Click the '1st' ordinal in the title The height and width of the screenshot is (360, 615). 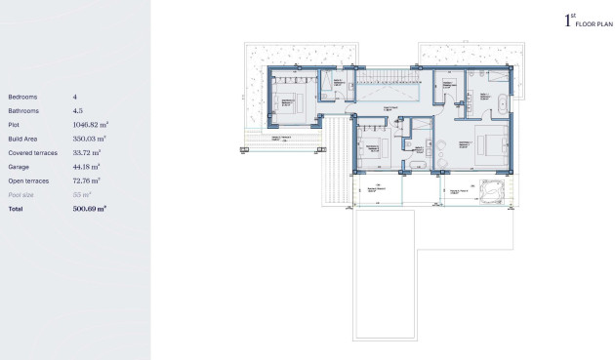[x=569, y=20]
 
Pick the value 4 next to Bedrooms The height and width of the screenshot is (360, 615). [x=74, y=98]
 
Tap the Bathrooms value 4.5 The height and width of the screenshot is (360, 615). [x=79, y=111]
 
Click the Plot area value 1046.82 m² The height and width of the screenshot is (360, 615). [x=91, y=125]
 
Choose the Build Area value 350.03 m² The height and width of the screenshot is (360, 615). [x=89, y=140]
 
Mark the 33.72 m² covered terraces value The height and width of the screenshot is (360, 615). [x=86, y=153]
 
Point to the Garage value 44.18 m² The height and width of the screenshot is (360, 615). [x=86, y=167]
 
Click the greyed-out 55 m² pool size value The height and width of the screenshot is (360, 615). [x=81, y=195]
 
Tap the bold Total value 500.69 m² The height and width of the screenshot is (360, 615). [x=89, y=209]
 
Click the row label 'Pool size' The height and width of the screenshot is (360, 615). [x=21, y=195]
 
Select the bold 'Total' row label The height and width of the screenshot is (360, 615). [x=16, y=209]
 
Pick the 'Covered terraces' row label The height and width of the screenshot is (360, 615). [x=32, y=153]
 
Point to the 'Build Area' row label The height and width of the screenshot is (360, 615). [x=23, y=140]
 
